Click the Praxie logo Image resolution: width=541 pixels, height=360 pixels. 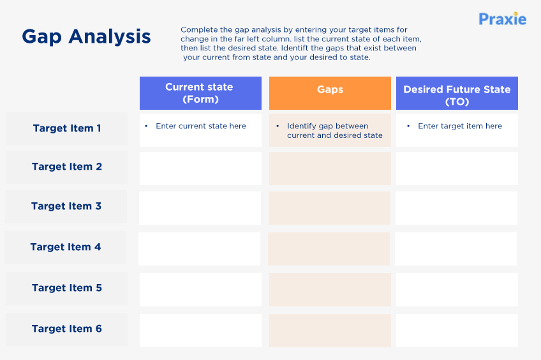502,19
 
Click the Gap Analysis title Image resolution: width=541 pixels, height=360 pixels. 86,36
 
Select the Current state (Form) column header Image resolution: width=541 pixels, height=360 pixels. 200,93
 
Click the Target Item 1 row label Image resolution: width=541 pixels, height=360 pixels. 67,128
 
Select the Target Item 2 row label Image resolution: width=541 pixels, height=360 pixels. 67,167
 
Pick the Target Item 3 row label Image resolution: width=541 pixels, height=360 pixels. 66,206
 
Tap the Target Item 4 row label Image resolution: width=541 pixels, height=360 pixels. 66,247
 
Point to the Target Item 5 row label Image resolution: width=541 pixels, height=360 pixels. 67,288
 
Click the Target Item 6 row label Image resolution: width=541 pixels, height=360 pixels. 67,329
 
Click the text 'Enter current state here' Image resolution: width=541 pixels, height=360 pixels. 201,126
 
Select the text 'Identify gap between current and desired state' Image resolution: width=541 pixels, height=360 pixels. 334,131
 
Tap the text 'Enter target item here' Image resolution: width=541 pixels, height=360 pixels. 460,126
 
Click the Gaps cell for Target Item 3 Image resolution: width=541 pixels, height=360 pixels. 329,208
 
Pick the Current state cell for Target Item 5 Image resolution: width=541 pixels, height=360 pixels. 200,290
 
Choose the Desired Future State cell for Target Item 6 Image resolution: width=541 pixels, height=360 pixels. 457,331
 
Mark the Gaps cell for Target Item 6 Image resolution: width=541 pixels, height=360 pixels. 330,331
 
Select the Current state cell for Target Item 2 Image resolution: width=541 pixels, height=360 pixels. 200,169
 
